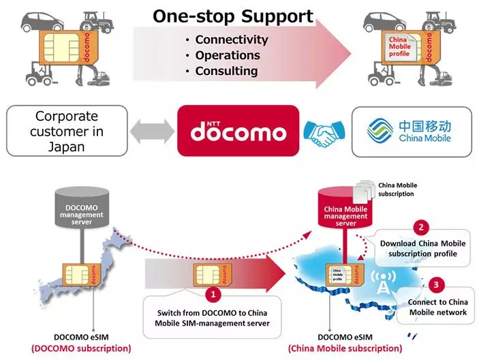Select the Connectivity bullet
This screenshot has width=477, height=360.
click(232, 40)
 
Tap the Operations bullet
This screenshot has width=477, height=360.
click(228, 55)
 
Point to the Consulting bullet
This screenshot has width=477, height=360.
click(226, 71)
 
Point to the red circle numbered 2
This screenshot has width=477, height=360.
click(423, 228)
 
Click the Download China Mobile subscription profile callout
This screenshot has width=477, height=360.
click(418, 250)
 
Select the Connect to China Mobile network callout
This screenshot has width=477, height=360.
click(437, 306)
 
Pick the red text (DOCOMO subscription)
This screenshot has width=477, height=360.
click(80, 348)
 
